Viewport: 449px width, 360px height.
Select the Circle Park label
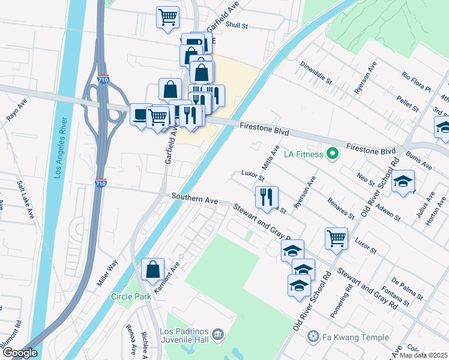pos(131,296)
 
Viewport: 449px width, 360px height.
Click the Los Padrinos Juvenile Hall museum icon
pos(218,333)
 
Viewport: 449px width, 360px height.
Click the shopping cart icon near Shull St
pos(167,16)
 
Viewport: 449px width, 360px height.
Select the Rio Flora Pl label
pos(417,83)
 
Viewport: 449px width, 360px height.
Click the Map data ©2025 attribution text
pos(423,355)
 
